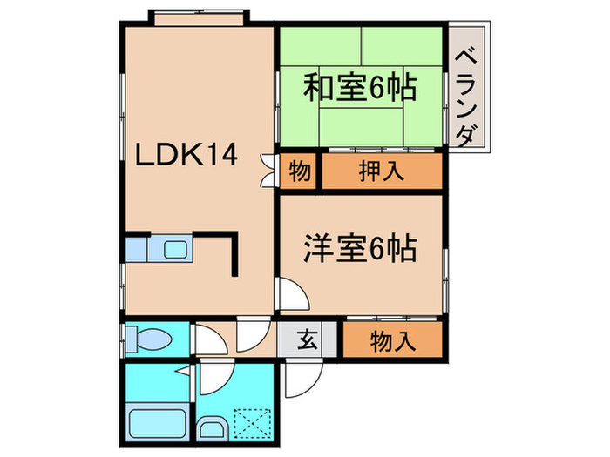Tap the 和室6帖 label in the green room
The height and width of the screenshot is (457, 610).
pos(359,88)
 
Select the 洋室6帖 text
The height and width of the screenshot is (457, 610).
pos(359,248)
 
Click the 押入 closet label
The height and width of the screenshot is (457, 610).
pos(381,171)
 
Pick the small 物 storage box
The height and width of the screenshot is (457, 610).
pos(299,171)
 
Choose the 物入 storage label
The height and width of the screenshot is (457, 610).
pos(392,339)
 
